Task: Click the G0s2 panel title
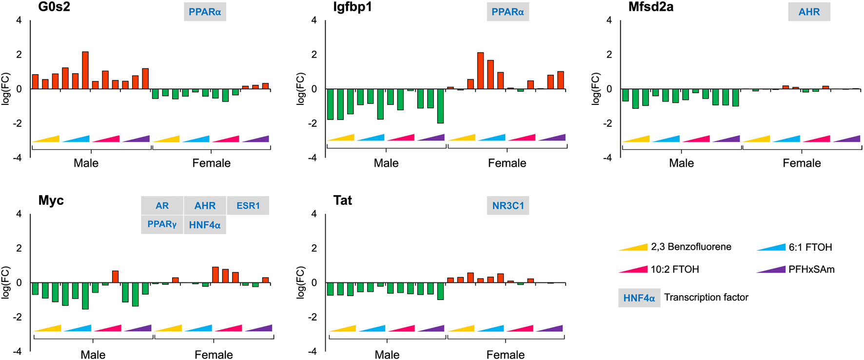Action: (x=54, y=7)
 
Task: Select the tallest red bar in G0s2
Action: (x=85, y=70)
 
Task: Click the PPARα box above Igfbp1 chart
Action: (x=508, y=12)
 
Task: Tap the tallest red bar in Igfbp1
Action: (x=480, y=70)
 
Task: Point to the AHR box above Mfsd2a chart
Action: (x=809, y=12)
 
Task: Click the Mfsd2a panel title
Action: (x=650, y=7)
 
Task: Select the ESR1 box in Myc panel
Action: (x=248, y=206)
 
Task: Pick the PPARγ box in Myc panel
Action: (x=162, y=225)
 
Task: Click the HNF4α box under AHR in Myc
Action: (x=205, y=225)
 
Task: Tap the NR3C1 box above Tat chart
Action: (x=508, y=206)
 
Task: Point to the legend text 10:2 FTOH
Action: (x=674, y=269)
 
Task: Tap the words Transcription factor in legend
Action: (x=706, y=298)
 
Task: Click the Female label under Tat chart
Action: (x=505, y=355)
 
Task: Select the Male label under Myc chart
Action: (x=93, y=355)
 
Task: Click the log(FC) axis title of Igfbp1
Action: (x=301, y=89)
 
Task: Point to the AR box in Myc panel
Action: (x=162, y=206)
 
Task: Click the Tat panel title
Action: (x=342, y=200)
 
